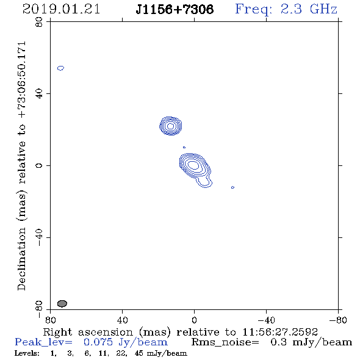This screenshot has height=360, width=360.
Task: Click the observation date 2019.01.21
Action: click(61, 9)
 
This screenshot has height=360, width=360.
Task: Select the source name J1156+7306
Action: click(175, 9)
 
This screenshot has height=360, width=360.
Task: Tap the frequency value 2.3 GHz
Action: click(309, 9)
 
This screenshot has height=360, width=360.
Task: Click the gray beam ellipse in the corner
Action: click(62, 303)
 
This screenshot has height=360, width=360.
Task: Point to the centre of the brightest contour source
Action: click(193, 165)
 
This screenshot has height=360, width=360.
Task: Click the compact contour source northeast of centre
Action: click(171, 126)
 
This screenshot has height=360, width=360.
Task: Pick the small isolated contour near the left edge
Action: click(60, 68)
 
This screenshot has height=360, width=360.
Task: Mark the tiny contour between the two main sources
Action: click(184, 147)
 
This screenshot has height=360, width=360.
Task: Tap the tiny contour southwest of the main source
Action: click(232, 187)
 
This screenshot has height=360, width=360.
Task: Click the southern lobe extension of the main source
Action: click(204, 182)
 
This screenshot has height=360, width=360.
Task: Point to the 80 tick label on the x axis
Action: click(50, 320)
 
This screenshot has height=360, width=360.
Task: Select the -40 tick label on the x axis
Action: click(266, 320)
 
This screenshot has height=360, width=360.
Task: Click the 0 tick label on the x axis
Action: click(194, 320)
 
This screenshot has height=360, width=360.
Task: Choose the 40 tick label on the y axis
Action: click(39, 94)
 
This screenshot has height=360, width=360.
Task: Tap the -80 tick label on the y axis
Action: click(39, 309)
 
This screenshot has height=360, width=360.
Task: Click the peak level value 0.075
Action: click(98, 342)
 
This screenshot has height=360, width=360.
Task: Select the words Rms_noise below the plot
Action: click(225, 342)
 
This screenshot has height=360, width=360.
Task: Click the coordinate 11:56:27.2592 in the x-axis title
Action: click(280, 332)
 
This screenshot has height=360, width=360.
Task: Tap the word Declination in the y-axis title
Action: click(21, 259)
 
